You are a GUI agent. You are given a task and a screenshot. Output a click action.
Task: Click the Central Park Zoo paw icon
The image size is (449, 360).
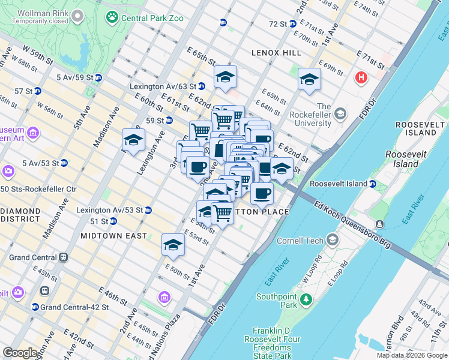coord(112,17)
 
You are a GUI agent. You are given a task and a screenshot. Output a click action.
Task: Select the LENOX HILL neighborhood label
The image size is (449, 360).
coord(276,53)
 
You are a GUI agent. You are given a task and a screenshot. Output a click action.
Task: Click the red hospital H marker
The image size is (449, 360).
coord(361,77)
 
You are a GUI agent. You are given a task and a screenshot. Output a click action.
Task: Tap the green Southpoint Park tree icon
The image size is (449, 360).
coord(306,298)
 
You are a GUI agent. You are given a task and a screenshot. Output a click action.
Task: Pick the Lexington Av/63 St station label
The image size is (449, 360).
coord(168,86)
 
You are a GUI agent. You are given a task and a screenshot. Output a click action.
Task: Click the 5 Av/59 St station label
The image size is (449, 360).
coord(74,78)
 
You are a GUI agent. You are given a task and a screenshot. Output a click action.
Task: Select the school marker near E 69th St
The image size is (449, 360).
coord(309,79)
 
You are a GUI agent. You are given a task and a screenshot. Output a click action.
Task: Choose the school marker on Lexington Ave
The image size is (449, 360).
coord(133,140)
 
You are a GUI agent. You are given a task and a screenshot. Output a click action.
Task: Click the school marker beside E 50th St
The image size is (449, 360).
coord(173,245)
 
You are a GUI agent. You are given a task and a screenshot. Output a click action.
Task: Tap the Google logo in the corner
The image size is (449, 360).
coord(20,353)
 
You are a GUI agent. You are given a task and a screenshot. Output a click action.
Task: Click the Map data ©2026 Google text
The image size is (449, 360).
coord(412,355)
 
